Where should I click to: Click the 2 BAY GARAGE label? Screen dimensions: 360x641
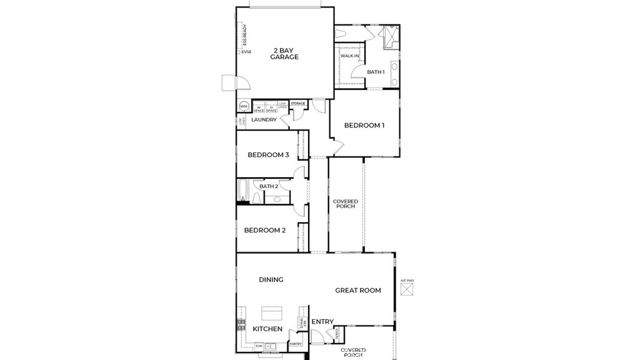click(x=284, y=53)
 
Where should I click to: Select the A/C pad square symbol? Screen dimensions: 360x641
click(x=408, y=290)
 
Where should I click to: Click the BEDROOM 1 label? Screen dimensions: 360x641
click(x=364, y=125)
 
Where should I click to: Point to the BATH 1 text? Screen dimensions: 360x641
click(x=376, y=72)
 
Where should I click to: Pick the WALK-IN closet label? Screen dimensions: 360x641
click(x=350, y=56)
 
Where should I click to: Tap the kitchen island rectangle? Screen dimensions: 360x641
click(x=272, y=312)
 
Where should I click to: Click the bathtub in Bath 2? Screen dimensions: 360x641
click(x=244, y=191)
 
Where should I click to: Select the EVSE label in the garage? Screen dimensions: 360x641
click(x=247, y=52)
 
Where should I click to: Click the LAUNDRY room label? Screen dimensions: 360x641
click(x=264, y=120)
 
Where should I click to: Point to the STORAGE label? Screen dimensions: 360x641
click(x=298, y=103)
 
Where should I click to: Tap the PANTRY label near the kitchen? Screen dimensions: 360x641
click(x=295, y=344)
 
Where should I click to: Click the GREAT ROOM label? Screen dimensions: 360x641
click(x=358, y=291)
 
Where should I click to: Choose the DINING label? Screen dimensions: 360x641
click(x=271, y=280)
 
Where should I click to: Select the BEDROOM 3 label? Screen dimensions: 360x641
click(x=268, y=155)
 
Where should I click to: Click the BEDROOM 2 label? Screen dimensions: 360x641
click(x=265, y=230)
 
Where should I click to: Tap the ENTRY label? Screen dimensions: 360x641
click(x=322, y=322)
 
